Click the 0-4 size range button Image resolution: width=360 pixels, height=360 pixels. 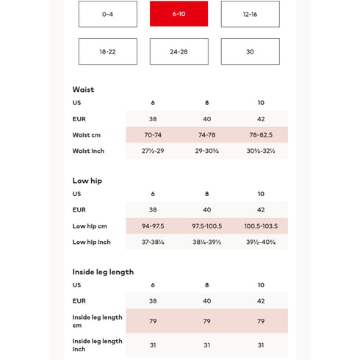107,14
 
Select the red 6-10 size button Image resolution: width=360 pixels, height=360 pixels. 179,14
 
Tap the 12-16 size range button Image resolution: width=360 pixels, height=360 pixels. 250,14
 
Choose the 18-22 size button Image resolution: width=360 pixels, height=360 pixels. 107,51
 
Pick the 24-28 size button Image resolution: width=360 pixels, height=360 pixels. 179,51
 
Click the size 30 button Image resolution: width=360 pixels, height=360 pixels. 250,51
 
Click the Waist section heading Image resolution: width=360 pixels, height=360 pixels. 83,90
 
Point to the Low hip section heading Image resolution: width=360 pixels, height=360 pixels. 87,181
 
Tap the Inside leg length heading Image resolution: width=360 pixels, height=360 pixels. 103,272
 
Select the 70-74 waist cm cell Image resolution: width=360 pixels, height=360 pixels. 153,135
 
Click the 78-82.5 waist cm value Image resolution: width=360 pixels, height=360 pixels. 261,135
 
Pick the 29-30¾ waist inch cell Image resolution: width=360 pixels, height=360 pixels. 206,151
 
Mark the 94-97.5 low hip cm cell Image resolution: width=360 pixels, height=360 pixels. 153,226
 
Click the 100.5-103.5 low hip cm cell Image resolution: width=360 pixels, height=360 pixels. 261,226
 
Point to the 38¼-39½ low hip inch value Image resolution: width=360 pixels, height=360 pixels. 206,242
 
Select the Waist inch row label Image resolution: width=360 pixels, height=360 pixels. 88,151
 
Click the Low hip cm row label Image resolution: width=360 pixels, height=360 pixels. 90,226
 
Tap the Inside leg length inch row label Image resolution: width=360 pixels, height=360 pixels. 97,345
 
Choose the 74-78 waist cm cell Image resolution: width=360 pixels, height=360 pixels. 206,135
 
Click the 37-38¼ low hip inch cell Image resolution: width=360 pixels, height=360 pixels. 153,242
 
